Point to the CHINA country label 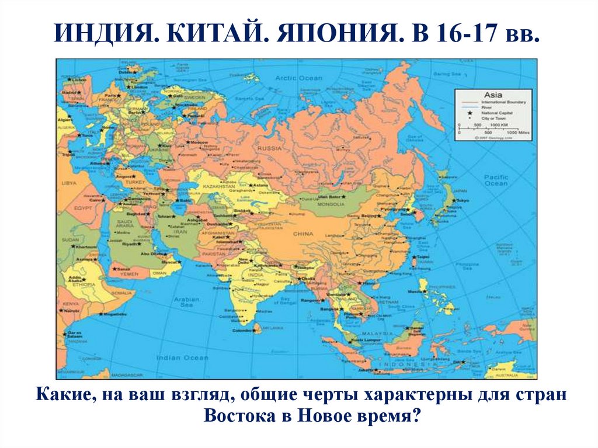tap(303, 234)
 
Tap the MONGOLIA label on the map tap(331, 204)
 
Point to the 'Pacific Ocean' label tap(496, 180)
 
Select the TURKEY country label tap(135, 182)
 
